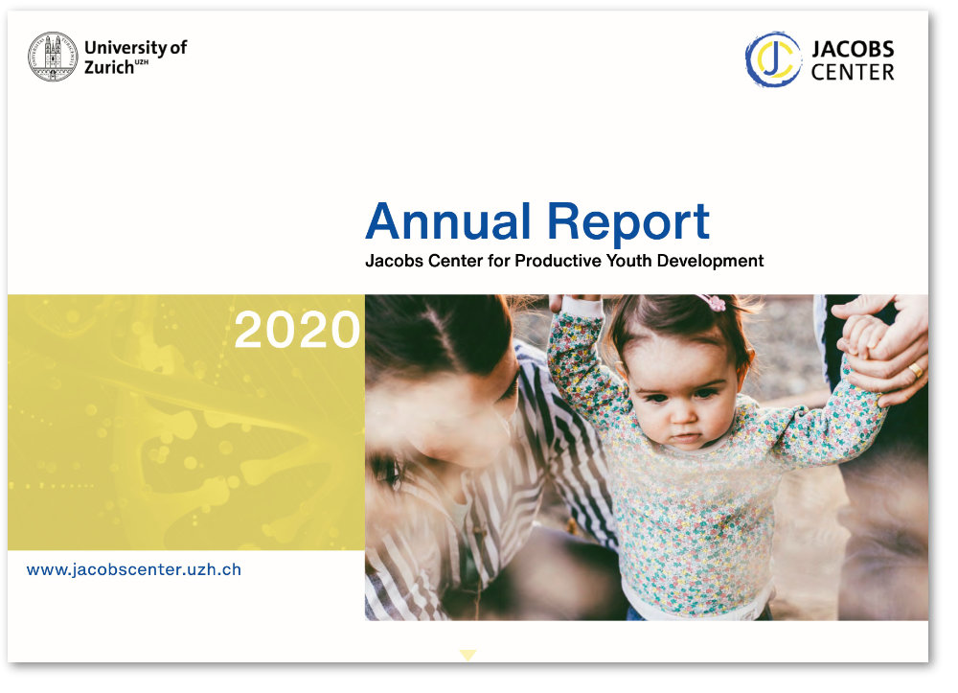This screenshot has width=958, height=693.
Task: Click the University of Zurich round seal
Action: [53, 57]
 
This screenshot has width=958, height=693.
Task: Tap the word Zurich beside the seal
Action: [109, 67]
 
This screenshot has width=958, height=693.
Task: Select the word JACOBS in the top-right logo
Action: [853, 49]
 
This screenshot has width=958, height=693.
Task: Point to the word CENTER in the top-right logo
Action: [853, 72]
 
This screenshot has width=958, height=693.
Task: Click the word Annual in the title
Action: [447, 221]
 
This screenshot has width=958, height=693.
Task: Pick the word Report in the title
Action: [628, 224]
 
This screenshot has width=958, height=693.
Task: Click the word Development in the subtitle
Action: [710, 261]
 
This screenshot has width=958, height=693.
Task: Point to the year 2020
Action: [297, 330]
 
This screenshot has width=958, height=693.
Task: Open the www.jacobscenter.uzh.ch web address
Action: [134, 569]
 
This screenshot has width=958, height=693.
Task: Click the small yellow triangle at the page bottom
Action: [468, 655]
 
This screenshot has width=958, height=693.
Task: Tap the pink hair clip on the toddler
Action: [713, 303]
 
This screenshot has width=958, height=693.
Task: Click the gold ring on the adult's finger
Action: [915, 370]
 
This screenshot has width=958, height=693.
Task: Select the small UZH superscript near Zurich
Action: [141, 62]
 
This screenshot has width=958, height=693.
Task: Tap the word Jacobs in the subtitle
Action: [394, 261]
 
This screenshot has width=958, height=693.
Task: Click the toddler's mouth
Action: [686, 437]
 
